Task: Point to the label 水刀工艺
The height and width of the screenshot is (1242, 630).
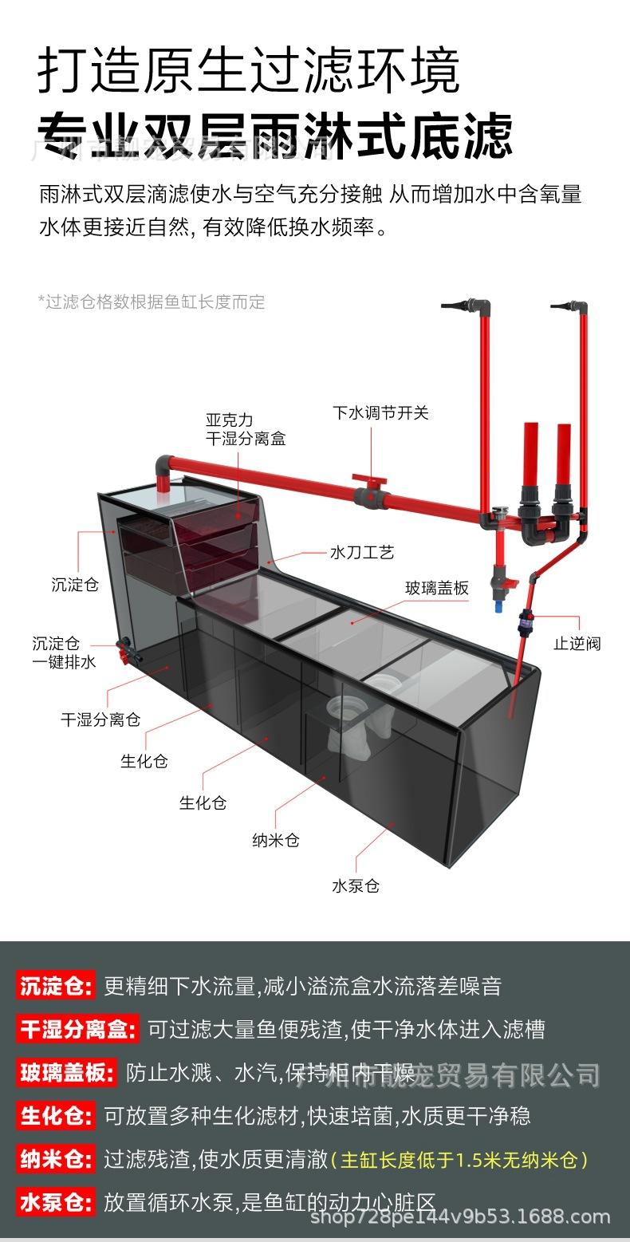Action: click(x=361, y=552)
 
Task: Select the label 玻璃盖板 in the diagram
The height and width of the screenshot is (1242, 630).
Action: click(x=436, y=588)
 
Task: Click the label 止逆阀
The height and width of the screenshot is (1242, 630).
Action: click(x=577, y=644)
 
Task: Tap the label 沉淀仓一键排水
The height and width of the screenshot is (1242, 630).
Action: click(x=64, y=652)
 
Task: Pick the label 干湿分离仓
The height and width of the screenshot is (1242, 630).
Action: click(x=100, y=719)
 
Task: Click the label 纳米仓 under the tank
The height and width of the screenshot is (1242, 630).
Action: click(x=275, y=840)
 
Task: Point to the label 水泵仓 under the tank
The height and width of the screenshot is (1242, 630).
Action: click(x=356, y=885)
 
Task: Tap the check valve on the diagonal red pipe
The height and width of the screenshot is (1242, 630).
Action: click(x=525, y=617)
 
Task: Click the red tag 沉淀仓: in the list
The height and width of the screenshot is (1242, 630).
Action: click(x=56, y=985)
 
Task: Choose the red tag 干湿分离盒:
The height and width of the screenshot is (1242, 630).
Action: click(x=77, y=1029)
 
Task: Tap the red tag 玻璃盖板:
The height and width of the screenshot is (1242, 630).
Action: click(x=67, y=1073)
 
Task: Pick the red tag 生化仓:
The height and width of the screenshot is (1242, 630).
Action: click(x=56, y=1115)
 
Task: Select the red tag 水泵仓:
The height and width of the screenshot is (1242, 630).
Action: click(x=56, y=1201)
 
